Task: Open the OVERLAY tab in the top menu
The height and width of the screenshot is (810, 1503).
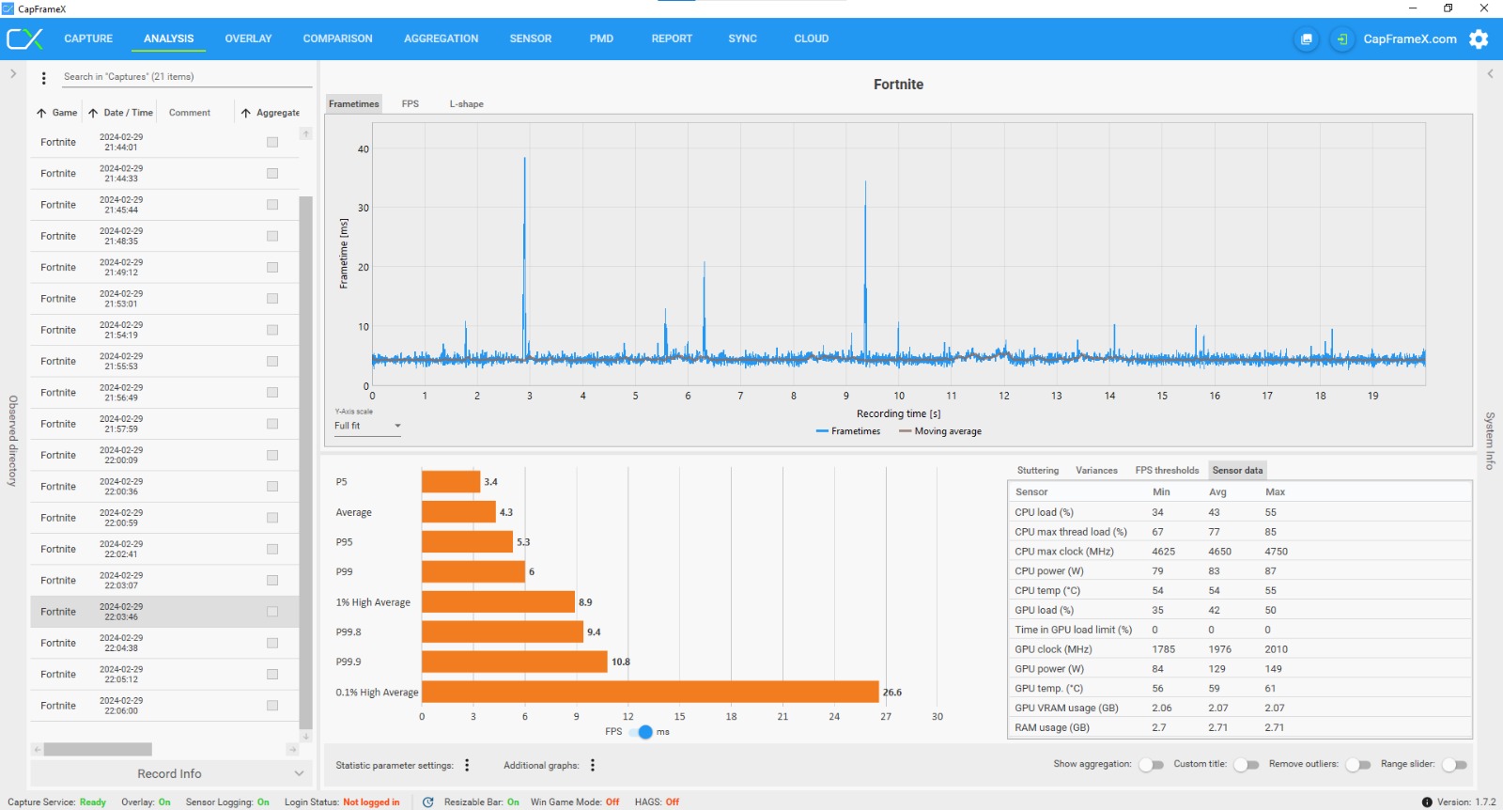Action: (x=248, y=39)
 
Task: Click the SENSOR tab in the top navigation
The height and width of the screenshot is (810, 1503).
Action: (x=530, y=39)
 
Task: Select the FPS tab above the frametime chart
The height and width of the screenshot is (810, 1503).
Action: (x=411, y=104)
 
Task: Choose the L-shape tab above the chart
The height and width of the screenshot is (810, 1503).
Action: (x=466, y=104)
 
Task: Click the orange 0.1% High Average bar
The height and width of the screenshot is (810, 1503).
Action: (x=650, y=693)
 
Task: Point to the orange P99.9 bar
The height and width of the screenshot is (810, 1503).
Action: (x=514, y=662)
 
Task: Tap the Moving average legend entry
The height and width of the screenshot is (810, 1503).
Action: (x=940, y=431)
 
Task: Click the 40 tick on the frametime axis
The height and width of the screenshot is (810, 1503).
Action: (x=364, y=149)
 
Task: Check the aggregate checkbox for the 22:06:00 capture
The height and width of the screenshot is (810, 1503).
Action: (x=272, y=706)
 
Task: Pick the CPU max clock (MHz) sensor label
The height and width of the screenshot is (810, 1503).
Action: (x=1063, y=552)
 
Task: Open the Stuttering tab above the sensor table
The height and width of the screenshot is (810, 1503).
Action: (x=1037, y=471)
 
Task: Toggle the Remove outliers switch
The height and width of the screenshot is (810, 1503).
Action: (x=1357, y=765)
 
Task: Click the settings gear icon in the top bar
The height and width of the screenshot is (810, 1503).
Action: (x=1479, y=39)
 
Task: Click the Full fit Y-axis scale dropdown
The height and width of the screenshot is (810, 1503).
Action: (x=367, y=426)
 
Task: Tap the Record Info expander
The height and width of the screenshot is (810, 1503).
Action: (x=169, y=773)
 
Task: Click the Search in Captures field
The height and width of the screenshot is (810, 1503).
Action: (x=186, y=77)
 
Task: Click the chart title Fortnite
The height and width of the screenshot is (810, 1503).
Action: (x=898, y=85)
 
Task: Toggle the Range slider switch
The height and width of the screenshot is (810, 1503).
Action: (x=1454, y=765)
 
